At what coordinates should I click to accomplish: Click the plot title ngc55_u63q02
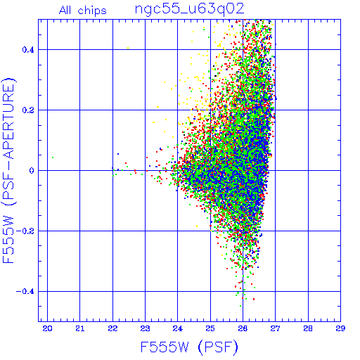189,9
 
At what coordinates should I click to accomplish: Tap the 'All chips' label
83,11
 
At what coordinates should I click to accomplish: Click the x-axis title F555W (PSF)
189,347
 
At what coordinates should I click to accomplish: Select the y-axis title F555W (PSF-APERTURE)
8,170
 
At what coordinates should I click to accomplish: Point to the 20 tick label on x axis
47,328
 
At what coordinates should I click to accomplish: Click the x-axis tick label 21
80,328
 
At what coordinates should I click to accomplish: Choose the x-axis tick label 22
112,328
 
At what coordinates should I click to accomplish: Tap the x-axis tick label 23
145,328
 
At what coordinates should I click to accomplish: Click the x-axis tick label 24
178,328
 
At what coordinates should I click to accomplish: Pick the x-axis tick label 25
210,328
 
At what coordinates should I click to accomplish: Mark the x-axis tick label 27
275,328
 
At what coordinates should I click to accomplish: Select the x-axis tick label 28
308,328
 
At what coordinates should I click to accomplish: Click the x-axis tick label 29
340,328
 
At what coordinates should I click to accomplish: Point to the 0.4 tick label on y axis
28,50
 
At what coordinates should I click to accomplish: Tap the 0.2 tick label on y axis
28,110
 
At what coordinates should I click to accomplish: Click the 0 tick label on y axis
32,171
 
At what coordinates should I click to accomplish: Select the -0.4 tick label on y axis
25,292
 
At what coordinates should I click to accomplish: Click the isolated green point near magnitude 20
53,157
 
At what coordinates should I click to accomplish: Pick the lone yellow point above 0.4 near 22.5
128,48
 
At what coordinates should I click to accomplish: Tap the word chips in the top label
92,11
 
